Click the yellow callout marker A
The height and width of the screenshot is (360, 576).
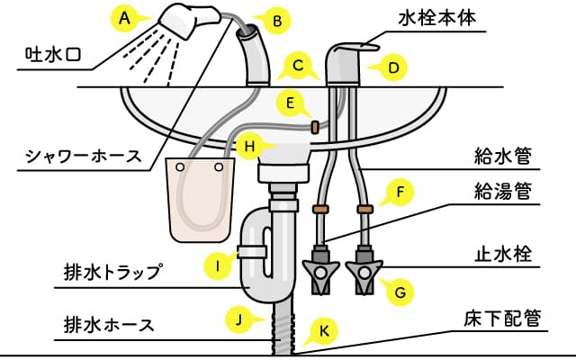[125, 16]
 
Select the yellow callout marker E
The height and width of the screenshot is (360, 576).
[289, 103]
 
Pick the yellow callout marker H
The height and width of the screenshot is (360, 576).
[252, 144]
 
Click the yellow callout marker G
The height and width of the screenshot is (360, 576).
[400, 292]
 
